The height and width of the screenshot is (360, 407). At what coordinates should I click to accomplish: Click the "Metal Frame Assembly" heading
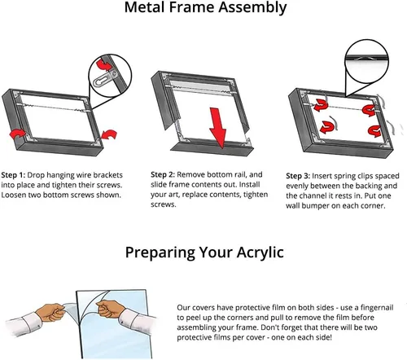pos(205,7)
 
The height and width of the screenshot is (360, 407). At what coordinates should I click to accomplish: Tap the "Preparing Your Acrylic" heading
pos(204,252)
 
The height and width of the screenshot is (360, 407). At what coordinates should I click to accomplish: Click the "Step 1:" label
pos(13,175)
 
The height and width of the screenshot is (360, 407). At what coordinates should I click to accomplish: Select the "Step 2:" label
pos(163,174)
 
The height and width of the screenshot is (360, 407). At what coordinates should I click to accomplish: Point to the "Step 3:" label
pos(298,176)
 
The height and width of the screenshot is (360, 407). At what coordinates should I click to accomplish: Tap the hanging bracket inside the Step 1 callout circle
pos(105,77)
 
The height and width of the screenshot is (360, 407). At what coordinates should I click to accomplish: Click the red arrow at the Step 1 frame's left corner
pos(17,134)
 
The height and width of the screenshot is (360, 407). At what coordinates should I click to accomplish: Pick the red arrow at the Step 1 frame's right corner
pos(109,134)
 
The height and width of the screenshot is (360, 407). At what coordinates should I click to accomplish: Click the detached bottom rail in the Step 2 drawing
pos(212,147)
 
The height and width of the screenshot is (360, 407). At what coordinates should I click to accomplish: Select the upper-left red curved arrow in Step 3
pos(321,105)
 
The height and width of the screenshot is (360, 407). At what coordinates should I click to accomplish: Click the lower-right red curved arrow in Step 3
pos(374,131)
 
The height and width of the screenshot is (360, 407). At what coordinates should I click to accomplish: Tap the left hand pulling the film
pos(51,313)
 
